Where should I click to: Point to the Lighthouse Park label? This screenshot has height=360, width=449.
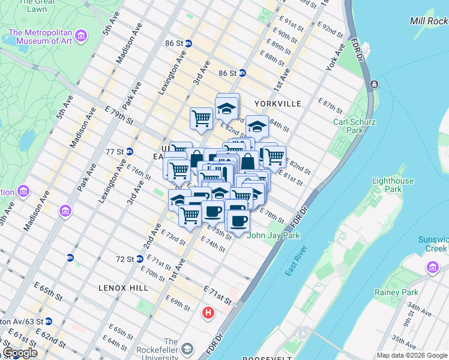[393, 185]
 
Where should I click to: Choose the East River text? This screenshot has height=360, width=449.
[297, 261]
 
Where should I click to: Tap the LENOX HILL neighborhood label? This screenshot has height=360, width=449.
[124, 288]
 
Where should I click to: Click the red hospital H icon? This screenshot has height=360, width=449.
[208, 313]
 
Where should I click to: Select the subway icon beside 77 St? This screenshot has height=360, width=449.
[129, 151]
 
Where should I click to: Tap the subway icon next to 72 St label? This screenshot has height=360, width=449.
[139, 259]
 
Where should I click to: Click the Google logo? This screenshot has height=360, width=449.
[20, 353]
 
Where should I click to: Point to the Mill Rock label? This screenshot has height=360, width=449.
[429, 21]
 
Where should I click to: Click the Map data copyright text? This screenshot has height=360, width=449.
[412, 355]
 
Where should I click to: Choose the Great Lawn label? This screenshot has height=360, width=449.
[32, 6]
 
